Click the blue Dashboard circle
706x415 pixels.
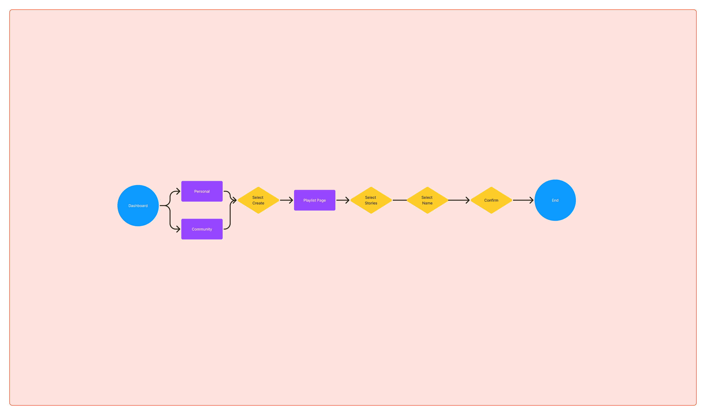pos(138,206)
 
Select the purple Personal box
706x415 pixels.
pos(202,191)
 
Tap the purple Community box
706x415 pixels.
pos(202,229)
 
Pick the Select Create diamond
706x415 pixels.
pos(258,200)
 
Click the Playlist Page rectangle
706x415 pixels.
pos(314,200)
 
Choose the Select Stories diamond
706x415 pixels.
pos(371,200)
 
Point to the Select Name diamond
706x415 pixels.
pos(427,200)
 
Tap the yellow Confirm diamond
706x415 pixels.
pos(491,200)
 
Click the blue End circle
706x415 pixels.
pos(555,200)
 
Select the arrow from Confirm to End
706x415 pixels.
pos(523,200)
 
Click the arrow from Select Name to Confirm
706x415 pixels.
pos(458,200)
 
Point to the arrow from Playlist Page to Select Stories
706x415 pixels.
pos(342,200)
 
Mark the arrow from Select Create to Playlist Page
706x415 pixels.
pos(286,200)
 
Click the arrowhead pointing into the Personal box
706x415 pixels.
pos(178,191)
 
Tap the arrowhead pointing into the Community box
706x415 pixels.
pos(178,229)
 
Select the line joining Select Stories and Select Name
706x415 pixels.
pos(400,200)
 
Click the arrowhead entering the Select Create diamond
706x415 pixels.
pos(234,200)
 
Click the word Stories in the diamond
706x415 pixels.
pos(371,203)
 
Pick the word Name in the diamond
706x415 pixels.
pos(427,203)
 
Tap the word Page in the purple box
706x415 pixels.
pos(321,200)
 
